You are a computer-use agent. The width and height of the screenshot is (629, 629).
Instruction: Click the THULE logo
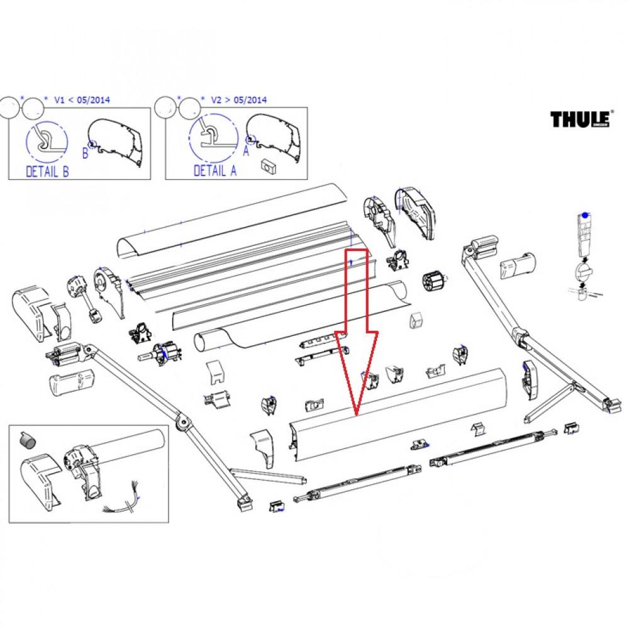click(x=582, y=119)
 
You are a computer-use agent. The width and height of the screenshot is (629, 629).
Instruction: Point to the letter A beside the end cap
click(x=245, y=151)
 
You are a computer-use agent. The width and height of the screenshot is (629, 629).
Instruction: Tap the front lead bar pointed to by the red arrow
click(x=403, y=418)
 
